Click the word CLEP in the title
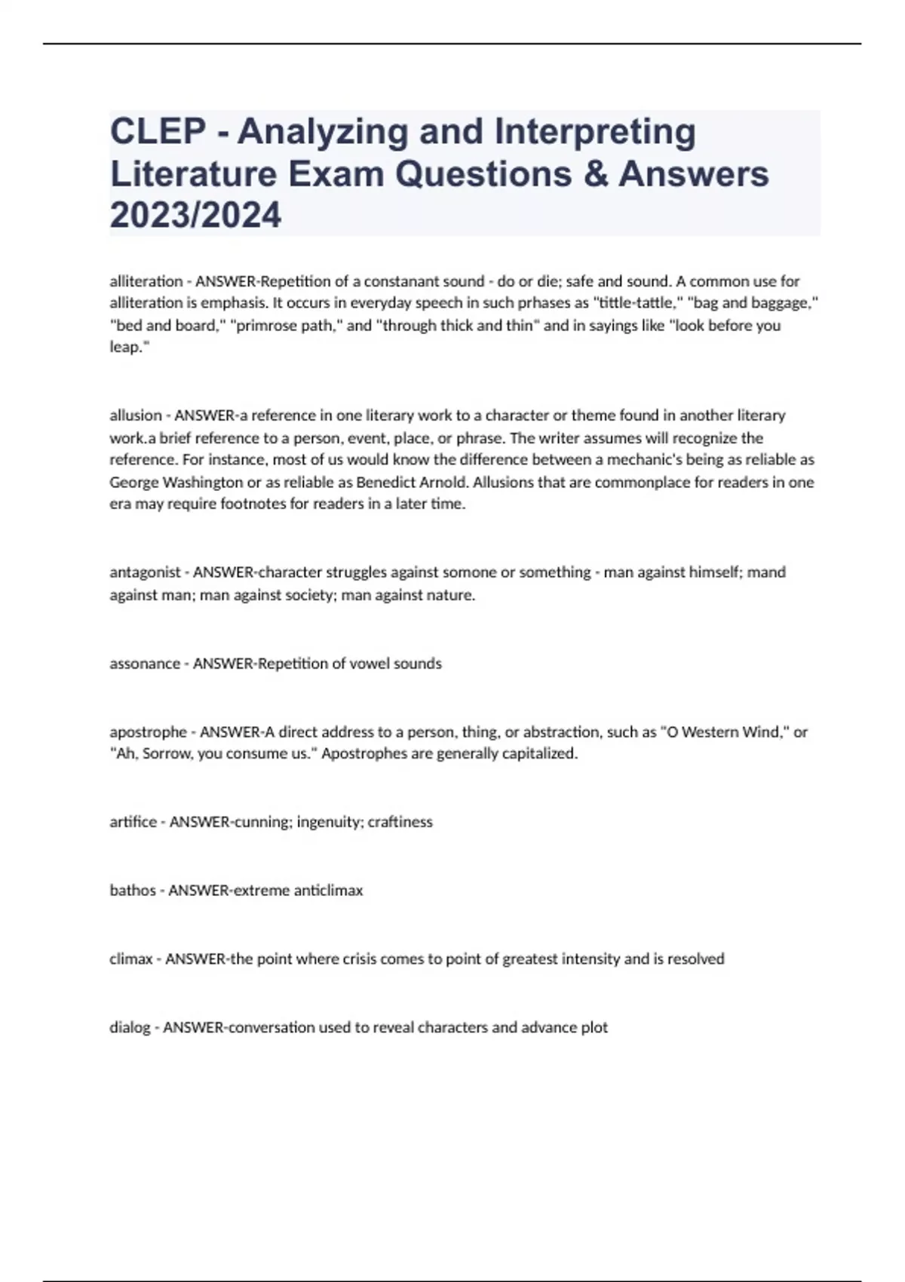coord(158,131)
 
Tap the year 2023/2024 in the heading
coord(195,215)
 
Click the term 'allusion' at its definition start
coord(136,416)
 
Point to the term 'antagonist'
coord(145,572)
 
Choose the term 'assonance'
coord(145,664)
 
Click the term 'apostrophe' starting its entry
coord(148,731)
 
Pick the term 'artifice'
coord(133,822)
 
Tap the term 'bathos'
coord(133,891)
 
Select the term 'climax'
coord(131,959)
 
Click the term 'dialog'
coord(130,1027)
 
